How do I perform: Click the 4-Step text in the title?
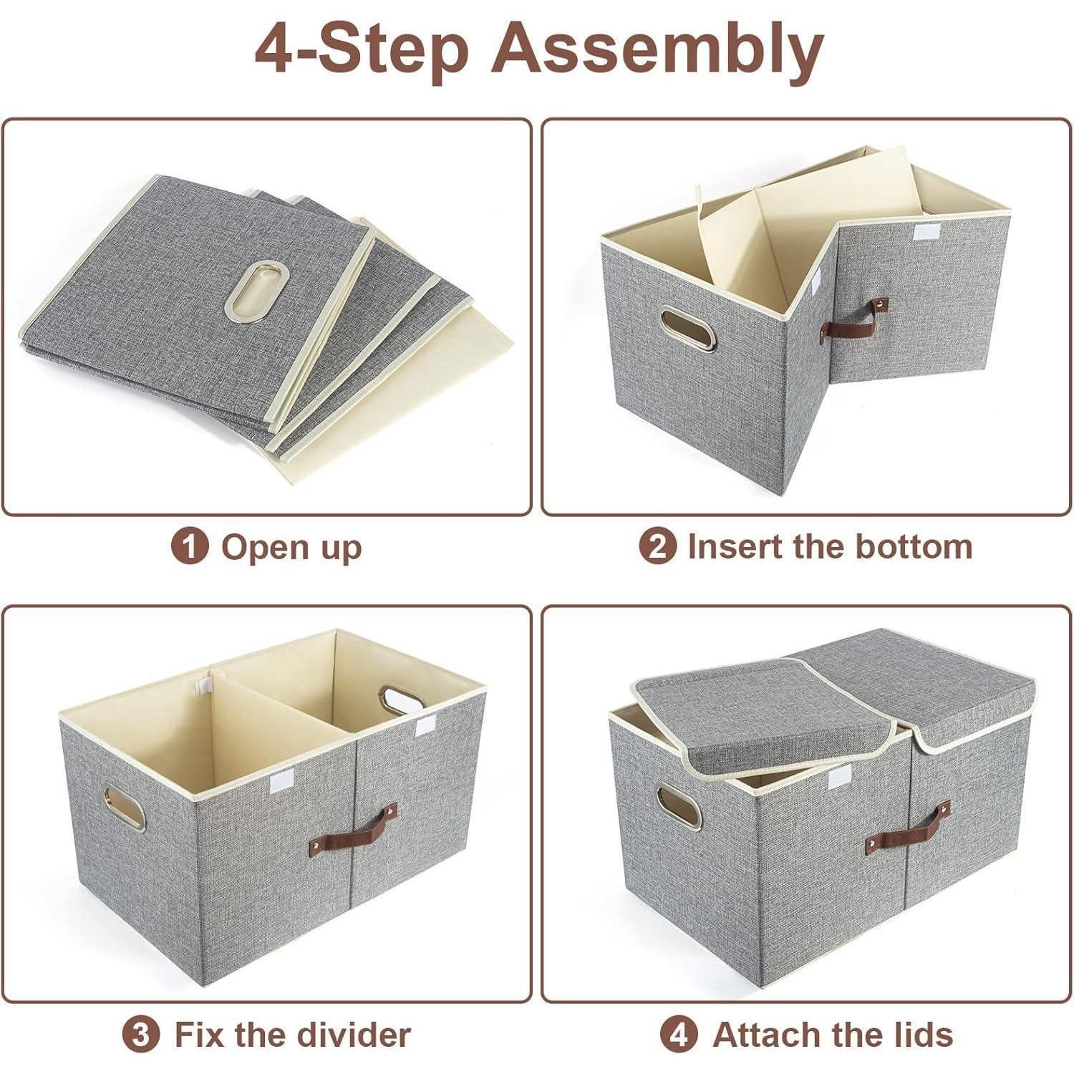click(362, 48)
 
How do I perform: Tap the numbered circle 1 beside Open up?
click(190, 546)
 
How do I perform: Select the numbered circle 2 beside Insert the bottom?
click(657, 546)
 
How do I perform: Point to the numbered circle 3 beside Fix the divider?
click(141, 1035)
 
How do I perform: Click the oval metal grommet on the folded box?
click(257, 290)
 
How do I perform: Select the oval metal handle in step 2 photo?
click(688, 328)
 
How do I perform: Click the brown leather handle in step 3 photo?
click(353, 830)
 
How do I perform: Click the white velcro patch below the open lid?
click(839, 777)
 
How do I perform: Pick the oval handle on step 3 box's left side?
click(124, 808)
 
